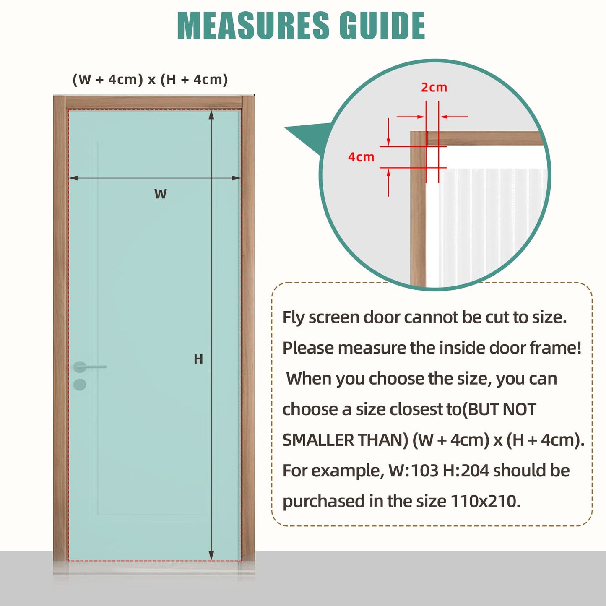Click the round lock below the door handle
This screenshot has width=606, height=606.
[80, 384]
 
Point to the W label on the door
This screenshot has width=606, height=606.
[160, 194]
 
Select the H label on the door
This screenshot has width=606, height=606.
[198, 359]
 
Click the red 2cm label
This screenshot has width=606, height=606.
[434, 88]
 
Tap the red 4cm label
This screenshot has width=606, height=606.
[361, 157]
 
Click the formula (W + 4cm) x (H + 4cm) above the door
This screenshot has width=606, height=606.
[150, 79]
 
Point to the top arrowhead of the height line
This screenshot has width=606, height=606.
[211, 114]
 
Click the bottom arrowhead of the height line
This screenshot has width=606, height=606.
[211, 556]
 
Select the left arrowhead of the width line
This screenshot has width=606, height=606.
[73, 178]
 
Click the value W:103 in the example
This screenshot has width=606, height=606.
[413, 471]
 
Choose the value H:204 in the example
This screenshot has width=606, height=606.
[466, 471]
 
